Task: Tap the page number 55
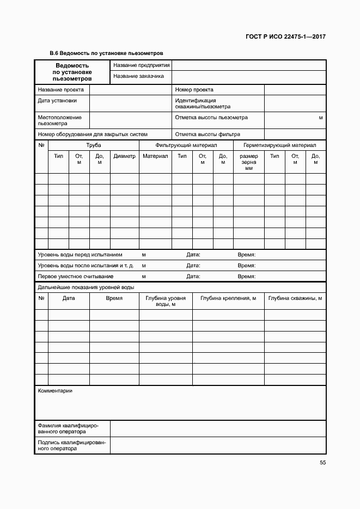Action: [323, 463]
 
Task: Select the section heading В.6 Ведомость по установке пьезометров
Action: [106, 53]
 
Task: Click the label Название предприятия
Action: [142, 65]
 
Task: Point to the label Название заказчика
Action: [139, 76]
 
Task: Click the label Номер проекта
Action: [194, 90]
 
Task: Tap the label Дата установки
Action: [57, 101]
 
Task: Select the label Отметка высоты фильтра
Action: [208, 134]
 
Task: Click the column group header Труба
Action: [94, 145]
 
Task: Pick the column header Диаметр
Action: [124, 156]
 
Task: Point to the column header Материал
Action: [155, 156]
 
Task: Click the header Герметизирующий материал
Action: [279, 145]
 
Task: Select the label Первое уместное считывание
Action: [72, 277]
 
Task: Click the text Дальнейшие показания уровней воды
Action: [86, 287]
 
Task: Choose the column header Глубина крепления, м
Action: [228, 298]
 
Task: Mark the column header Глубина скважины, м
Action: [295, 298]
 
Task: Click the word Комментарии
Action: [54, 391]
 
